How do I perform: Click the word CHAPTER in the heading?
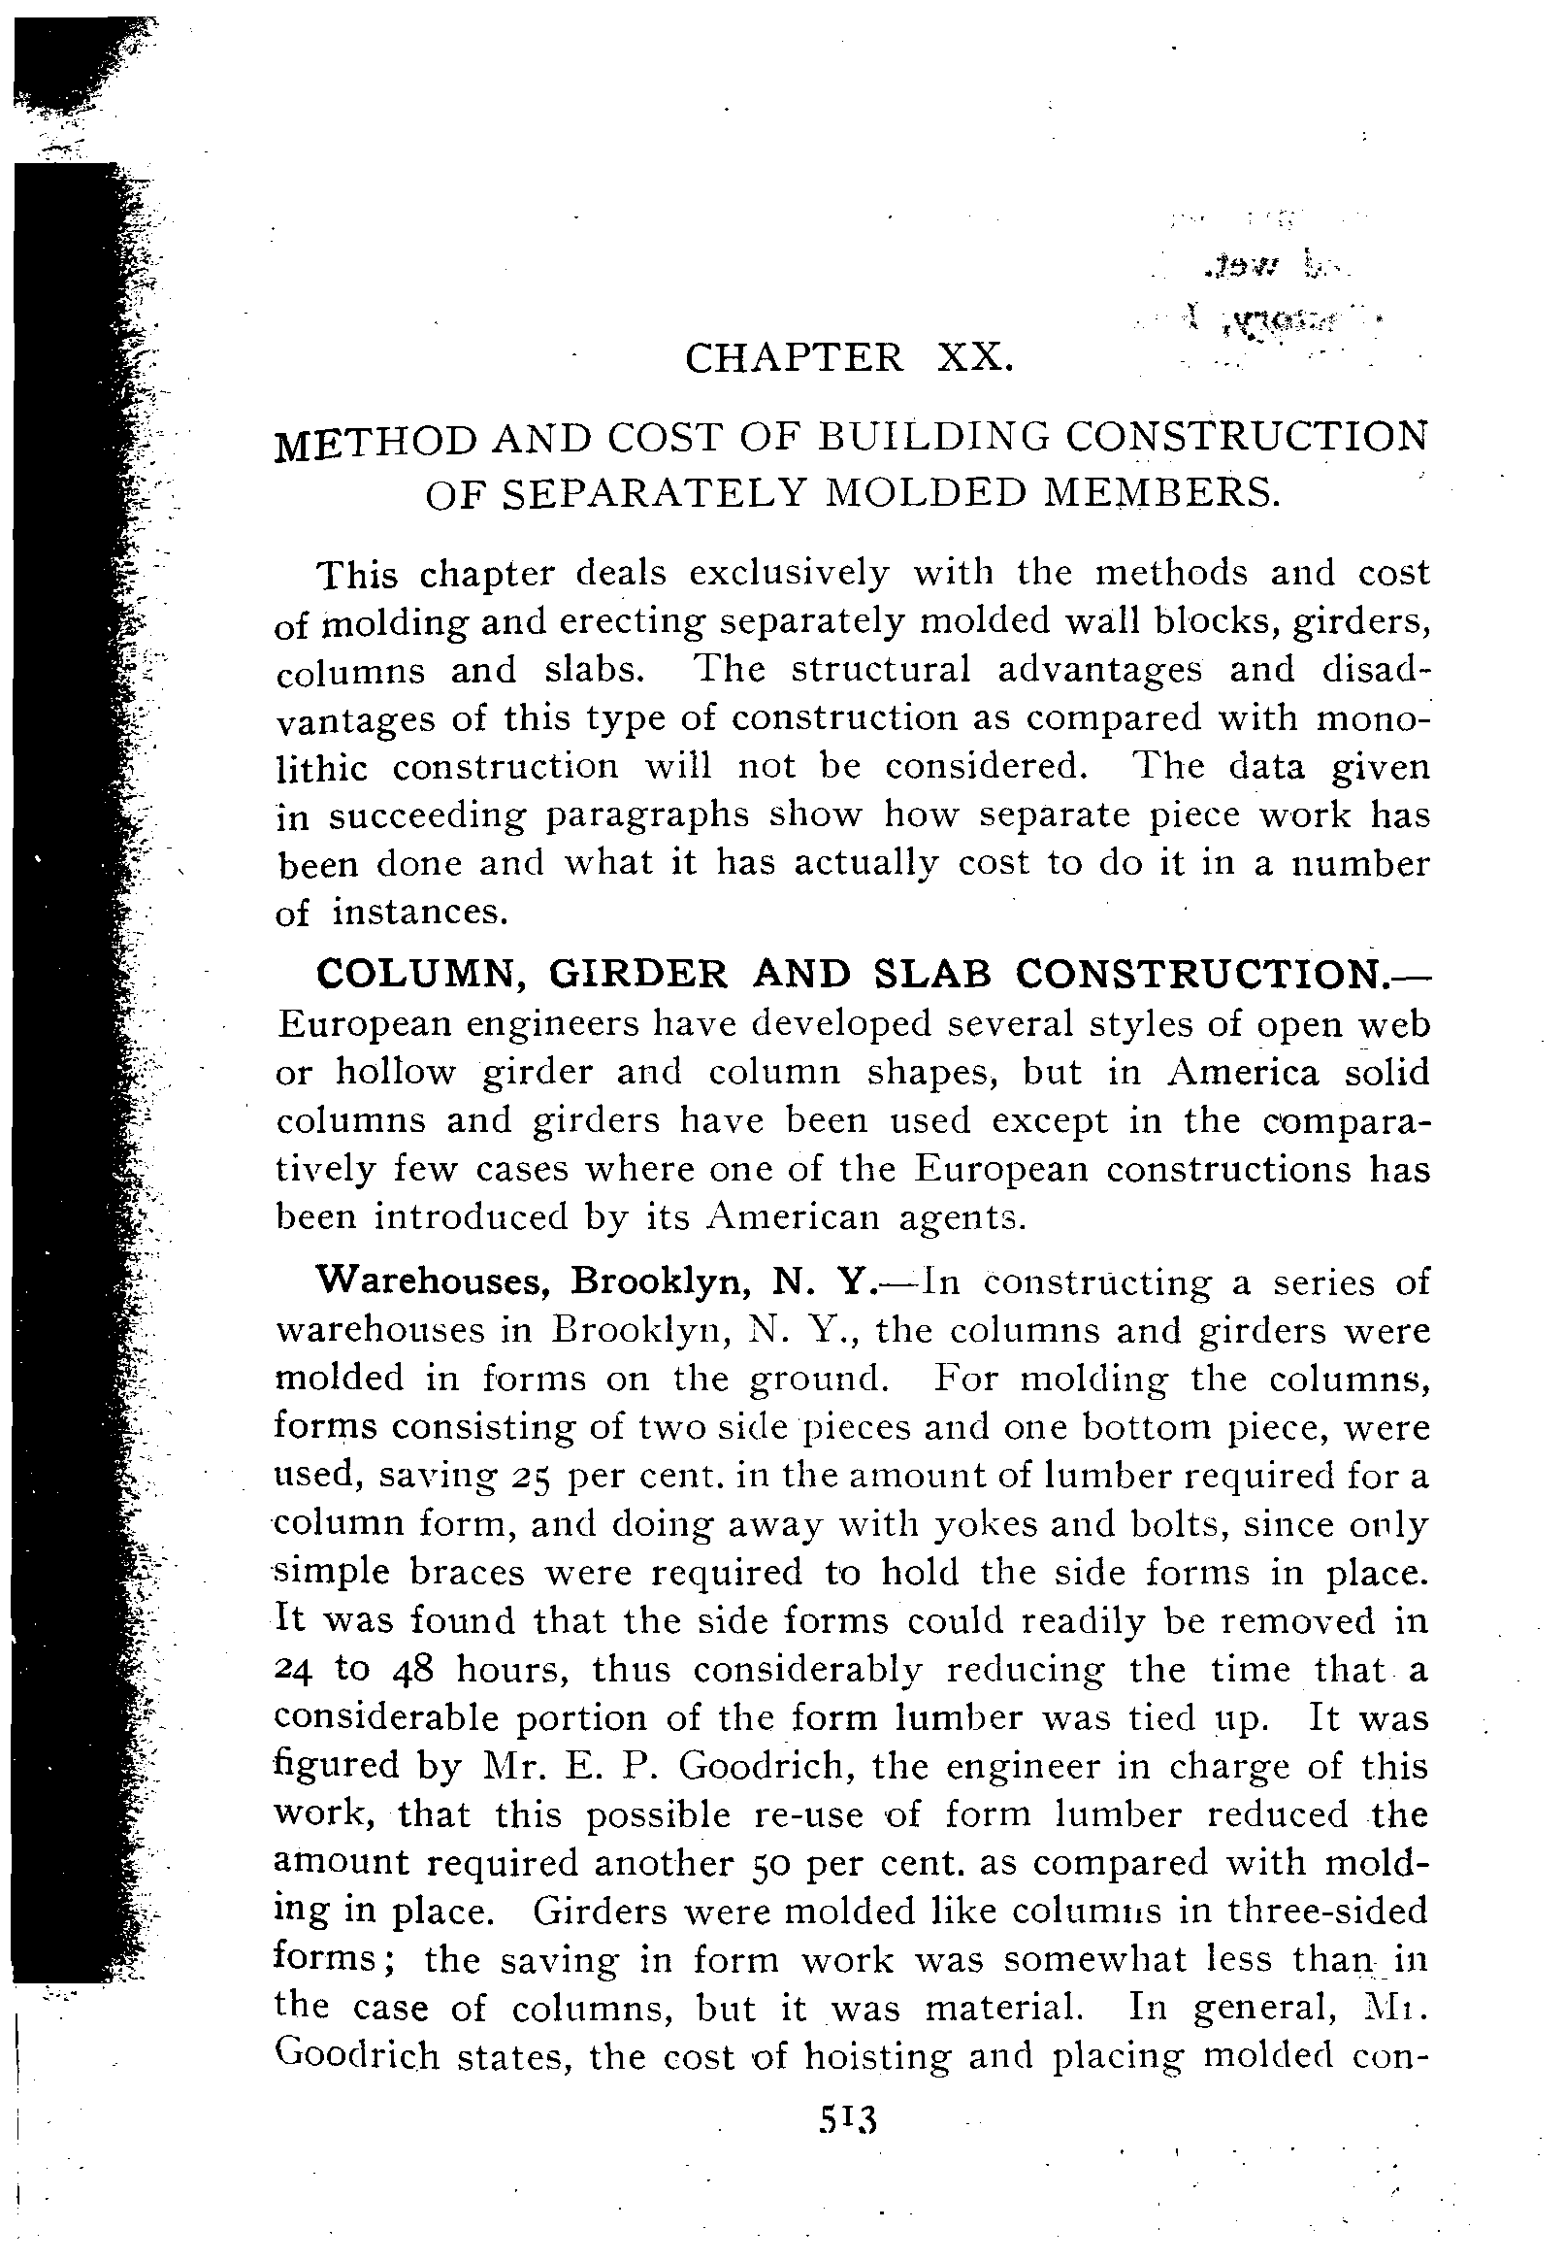(794, 357)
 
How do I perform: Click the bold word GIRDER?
(637, 974)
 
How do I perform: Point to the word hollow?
(395, 1072)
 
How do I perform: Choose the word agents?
(961, 1217)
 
